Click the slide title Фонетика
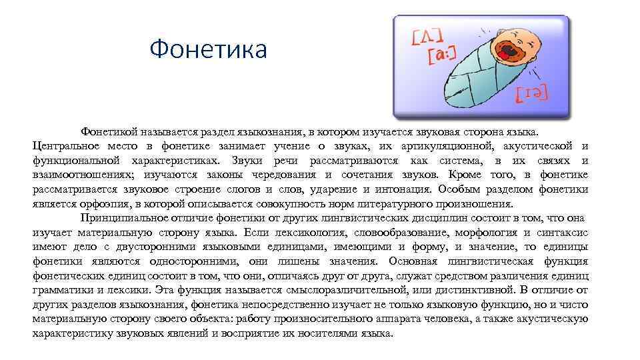click(x=208, y=49)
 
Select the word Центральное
click(x=66, y=146)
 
